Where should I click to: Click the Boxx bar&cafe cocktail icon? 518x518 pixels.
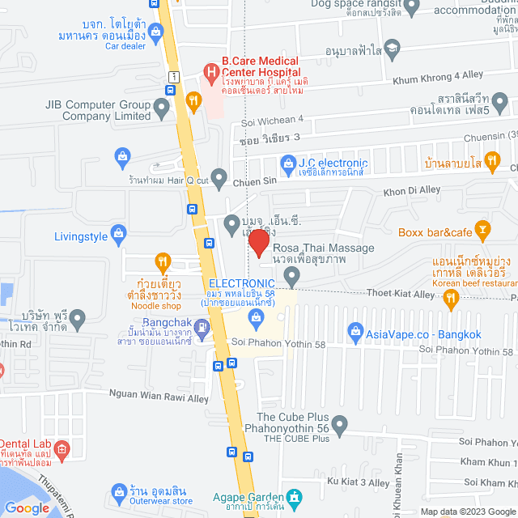point(482,229)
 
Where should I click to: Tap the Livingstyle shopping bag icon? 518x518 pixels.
point(118,236)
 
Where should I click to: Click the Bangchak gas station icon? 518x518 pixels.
point(202,328)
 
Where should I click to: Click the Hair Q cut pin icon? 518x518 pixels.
point(219,176)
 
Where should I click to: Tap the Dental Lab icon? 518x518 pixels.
point(65,448)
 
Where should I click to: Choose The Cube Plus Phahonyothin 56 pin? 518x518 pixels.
point(340,423)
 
